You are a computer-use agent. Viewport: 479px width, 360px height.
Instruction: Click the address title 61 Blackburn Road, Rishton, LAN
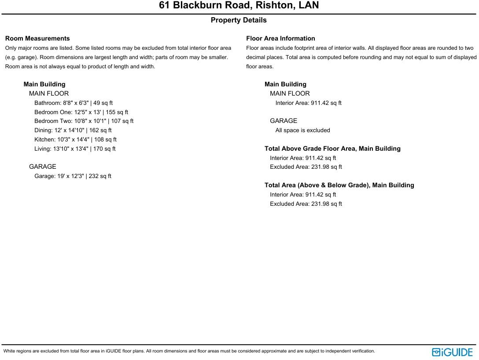[x=239, y=5]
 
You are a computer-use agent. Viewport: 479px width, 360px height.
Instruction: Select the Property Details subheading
[x=239, y=20]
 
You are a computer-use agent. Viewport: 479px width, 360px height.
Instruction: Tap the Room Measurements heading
[x=37, y=38]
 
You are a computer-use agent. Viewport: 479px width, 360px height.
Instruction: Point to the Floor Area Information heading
[x=280, y=38]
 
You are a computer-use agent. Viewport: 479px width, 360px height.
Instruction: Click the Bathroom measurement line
[x=74, y=103]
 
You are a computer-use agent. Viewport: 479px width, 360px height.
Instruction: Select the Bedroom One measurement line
[x=81, y=112]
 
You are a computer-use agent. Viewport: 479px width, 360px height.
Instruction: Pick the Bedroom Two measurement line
[x=84, y=121]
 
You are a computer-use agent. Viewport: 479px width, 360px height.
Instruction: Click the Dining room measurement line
[x=73, y=130]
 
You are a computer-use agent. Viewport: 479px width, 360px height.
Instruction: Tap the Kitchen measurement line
[x=75, y=140]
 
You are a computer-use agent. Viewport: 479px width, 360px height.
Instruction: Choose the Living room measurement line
[x=75, y=149]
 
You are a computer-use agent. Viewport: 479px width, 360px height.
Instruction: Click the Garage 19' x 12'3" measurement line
[x=73, y=176]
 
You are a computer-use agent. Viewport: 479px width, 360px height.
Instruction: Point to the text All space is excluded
[x=302, y=130]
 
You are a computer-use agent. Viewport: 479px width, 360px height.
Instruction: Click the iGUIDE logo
[x=452, y=352]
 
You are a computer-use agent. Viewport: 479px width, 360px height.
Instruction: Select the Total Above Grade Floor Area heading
[x=332, y=149]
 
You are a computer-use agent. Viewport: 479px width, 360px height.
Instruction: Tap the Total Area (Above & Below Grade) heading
[x=339, y=186]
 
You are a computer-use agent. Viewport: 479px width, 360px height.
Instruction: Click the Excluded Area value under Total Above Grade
[x=306, y=167]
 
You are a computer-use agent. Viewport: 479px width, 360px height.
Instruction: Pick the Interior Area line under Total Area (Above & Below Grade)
[x=303, y=195]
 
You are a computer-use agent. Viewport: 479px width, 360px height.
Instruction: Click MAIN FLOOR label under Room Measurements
[x=49, y=94]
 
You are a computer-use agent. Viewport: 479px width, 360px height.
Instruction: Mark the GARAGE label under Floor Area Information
[x=284, y=121]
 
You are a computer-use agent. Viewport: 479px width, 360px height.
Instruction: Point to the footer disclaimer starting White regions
[x=189, y=351]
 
